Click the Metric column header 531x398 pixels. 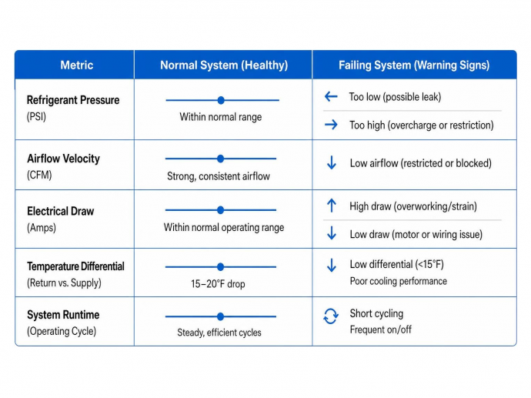tap(76, 65)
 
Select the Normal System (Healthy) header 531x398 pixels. tap(224, 65)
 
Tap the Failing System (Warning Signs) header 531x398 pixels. tap(414, 65)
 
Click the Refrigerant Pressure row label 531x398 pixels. tap(73, 100)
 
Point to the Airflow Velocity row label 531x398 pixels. tap(63, 159)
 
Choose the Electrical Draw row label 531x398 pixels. tap(60, 211)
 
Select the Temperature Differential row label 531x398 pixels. tap(75, 266)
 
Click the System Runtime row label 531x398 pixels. tap(63, 315)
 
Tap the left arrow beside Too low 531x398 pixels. tap(331, 96)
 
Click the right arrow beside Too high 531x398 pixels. tap(331, 125)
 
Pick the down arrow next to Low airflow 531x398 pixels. tap(332, 162)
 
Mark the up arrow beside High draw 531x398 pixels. tap(332, 206)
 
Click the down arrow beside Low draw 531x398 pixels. tap(332, 233)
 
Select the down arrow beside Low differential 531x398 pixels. tap(332, 266)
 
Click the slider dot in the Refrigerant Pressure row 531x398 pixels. tap(221, 100)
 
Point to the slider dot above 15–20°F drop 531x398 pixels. tap(220, 267)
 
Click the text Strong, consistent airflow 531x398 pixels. tap(219, 176)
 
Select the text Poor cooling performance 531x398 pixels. tap(399, 281)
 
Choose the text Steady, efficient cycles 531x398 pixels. tap(219, 333)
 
